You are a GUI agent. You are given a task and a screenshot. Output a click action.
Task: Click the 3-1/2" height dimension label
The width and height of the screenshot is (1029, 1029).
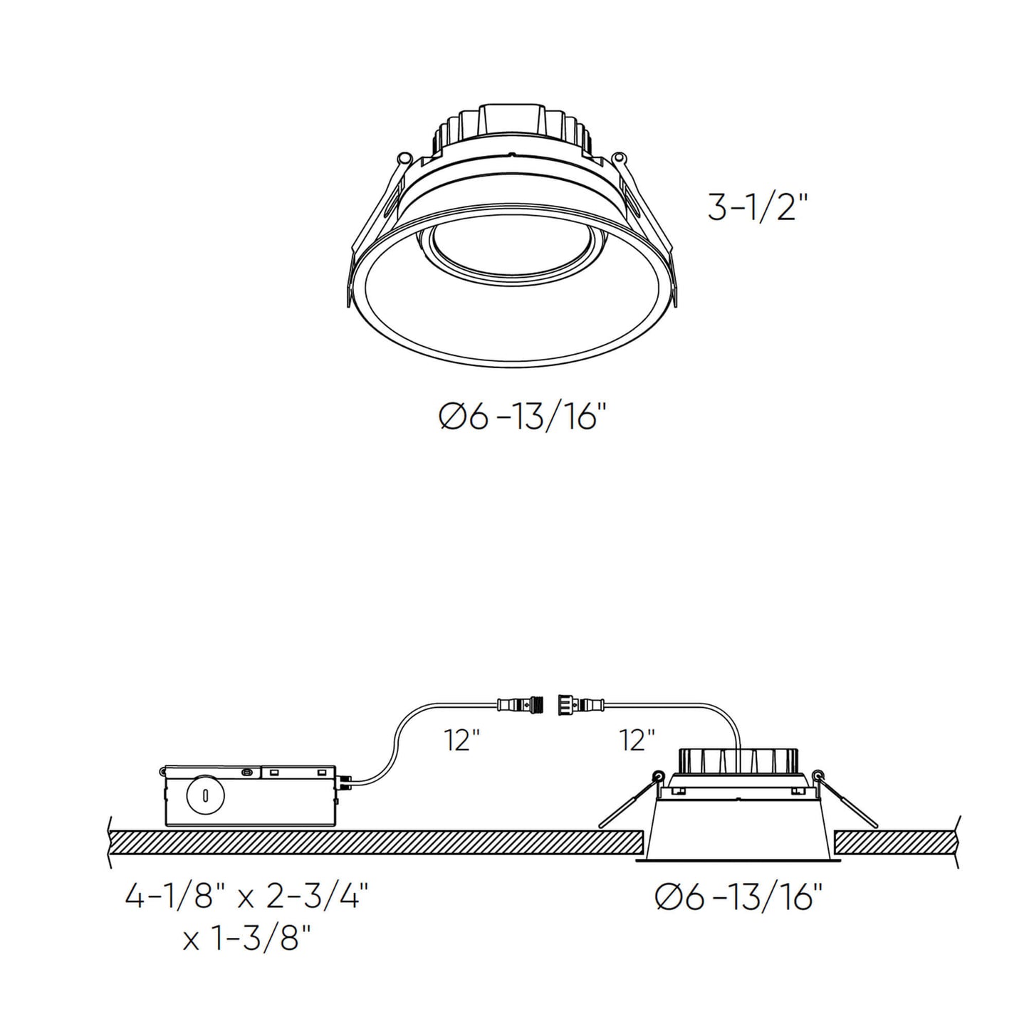pos(758,207)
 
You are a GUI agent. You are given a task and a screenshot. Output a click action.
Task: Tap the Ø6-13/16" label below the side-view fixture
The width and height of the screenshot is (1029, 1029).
pos(739,899)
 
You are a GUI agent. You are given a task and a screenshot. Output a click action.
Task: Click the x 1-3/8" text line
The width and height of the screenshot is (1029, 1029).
pos(247,939)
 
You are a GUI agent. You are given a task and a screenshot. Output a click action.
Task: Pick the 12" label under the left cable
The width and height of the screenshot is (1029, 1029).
pos(462,741)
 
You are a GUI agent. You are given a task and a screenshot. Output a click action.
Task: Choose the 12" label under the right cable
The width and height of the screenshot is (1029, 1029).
pos(637,741)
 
